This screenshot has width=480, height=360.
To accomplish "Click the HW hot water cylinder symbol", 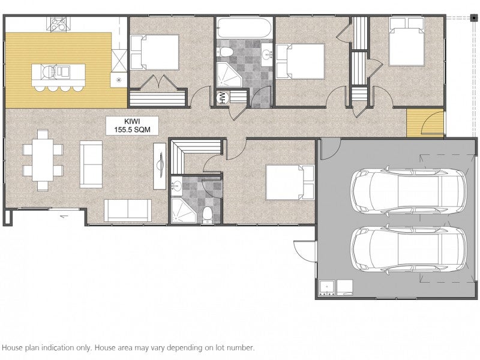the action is tap(222, 98).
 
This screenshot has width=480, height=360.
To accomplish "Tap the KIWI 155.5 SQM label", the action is tap(132, 125).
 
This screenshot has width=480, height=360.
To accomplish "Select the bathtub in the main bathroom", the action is tap(244, 28).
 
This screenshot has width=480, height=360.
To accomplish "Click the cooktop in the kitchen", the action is tap(58, 24).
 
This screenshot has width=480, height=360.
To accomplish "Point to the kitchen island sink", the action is tap(63, 71).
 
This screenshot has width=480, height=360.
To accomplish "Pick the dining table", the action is tap(43, 160).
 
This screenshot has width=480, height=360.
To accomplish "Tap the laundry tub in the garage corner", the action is tap(327, 288).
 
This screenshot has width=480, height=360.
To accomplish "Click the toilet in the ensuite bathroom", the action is tap(208, 215).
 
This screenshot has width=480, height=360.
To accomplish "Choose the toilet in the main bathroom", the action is tap(225, 52).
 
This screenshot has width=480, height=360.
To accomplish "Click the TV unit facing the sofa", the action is tap(160, 166).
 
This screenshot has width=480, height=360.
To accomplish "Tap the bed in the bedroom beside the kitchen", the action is tap(155, 52).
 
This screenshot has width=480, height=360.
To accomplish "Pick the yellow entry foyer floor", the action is tap(425, 123).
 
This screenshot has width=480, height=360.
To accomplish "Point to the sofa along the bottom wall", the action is tap(128, 211).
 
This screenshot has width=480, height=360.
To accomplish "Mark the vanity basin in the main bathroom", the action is tap(266, 53).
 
